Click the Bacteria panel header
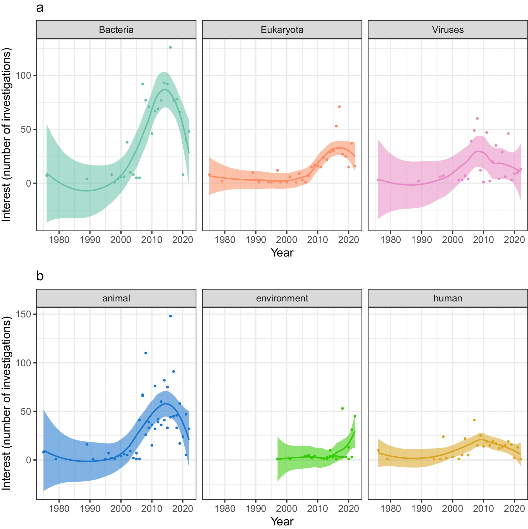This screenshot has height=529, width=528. pos(116,30)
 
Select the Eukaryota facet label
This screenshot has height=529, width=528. pos(282,30)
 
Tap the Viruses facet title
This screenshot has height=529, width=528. pos(448,30)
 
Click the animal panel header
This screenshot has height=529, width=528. pos(116,298)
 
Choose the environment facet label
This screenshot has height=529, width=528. pos(282,298)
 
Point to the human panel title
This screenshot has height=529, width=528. pos(448,298)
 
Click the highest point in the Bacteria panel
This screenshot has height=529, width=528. pos(170,47)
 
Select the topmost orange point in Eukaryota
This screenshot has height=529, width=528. pos(339,107)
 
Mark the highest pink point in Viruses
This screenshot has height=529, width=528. pos(477,118)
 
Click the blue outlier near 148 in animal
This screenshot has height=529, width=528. pos(170,316)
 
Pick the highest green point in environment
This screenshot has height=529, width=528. pos(342,408)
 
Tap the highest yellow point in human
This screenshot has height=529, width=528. pos(474,420)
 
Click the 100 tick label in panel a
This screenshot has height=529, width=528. pos(24,75)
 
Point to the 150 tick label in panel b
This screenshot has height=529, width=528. pos(24,314)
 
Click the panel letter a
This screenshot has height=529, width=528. pos(40,8)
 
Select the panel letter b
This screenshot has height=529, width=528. pos(40,276)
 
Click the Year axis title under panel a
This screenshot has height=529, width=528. pos(282,253)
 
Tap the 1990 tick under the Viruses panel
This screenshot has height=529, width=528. pos(421,240)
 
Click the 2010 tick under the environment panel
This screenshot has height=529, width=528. pos(317,509)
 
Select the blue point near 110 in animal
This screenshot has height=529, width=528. pos(146,353)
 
